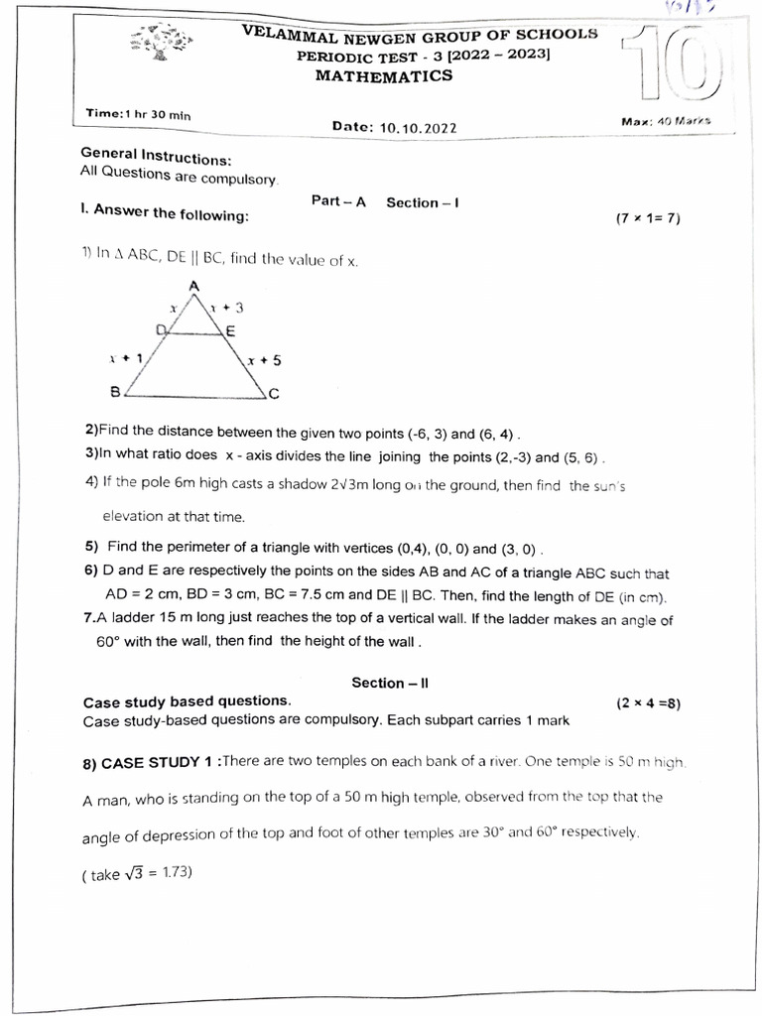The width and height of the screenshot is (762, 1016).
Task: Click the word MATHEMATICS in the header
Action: pos(383,76)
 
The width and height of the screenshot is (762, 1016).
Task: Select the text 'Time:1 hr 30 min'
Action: pos(139,114)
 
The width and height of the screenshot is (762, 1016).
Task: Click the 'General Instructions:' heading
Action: pos(156,157)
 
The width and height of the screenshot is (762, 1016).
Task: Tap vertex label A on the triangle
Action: pos(194,286)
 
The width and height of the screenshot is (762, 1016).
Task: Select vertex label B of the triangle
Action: pos(115,392)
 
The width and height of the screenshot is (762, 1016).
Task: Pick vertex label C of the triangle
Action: pos(274,394)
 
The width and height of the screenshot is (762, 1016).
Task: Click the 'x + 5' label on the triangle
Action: pos(264,361)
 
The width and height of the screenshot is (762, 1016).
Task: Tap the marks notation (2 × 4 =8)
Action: pos(647,703)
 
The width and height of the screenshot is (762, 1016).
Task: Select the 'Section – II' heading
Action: pos(389,683)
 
